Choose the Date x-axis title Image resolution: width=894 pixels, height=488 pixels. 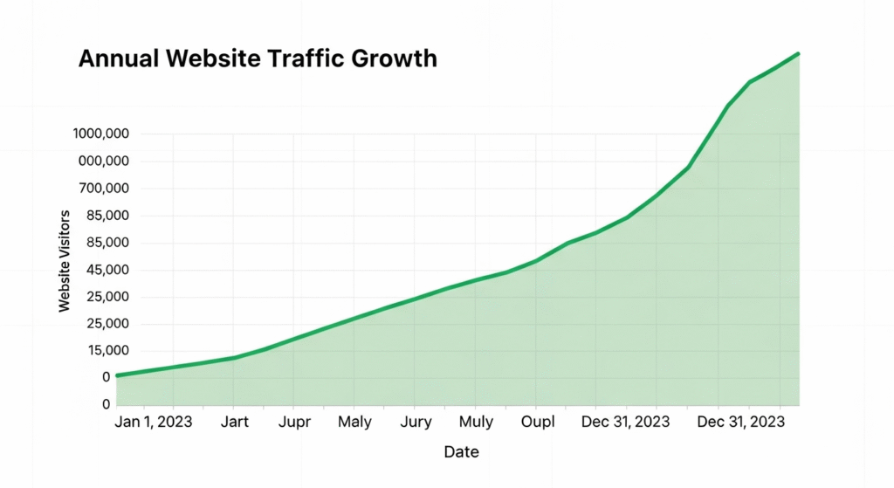[461, 452]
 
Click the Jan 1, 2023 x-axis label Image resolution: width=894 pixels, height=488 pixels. [155, 422]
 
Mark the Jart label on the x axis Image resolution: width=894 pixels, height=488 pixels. [235, 422]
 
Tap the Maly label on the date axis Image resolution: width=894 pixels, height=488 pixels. [354, 422]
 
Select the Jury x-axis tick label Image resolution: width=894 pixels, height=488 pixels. [416, 422]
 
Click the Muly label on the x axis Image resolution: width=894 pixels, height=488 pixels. [476, 422]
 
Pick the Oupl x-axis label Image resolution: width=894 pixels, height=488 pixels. [537, 422]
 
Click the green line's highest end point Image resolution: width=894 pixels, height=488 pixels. [798, 54]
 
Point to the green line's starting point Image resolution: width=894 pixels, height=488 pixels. [117, 375]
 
